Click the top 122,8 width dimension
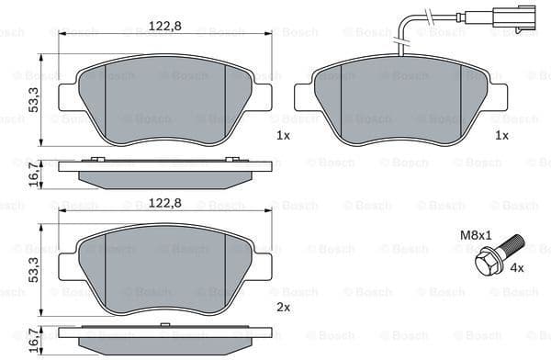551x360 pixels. pos(166,26)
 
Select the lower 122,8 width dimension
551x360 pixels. pos(166,203)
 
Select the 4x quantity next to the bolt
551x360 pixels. pos(516,268)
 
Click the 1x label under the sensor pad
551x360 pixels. pos(501,135)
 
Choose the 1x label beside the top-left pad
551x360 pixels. pos(283,135)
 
